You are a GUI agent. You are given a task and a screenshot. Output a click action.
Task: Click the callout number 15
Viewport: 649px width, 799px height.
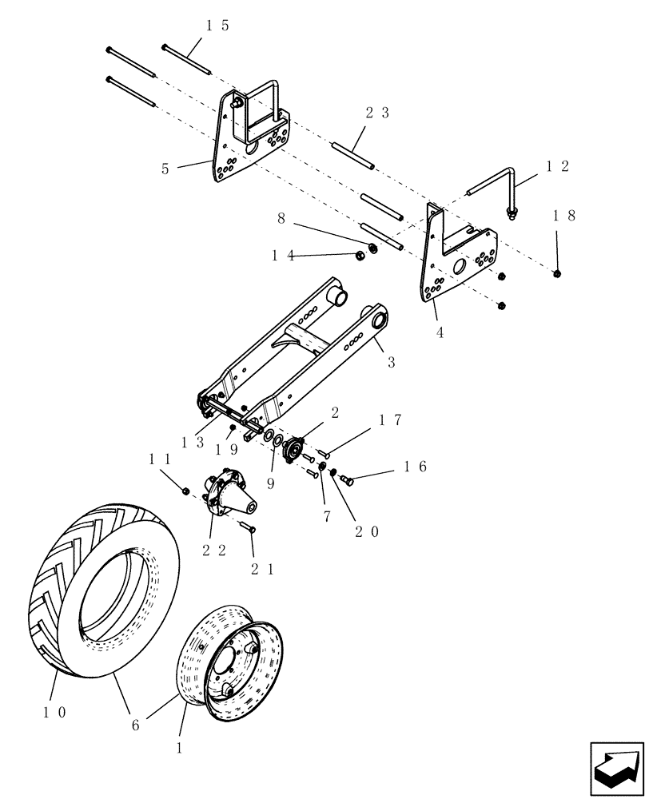pos(217,26)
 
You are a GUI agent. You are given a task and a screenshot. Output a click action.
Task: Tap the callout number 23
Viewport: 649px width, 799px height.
pos(377,113)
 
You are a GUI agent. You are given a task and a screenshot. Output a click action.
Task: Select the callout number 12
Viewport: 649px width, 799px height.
pos(557,166)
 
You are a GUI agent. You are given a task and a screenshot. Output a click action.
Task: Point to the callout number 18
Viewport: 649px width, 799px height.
pos(563,216)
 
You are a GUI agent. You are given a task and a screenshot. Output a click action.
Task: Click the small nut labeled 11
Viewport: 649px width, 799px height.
pos(185,490)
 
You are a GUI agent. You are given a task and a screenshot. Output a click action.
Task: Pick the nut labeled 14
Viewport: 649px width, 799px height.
pos(360,256)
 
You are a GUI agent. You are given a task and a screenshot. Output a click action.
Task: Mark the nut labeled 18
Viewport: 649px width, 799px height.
pos(557,274)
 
